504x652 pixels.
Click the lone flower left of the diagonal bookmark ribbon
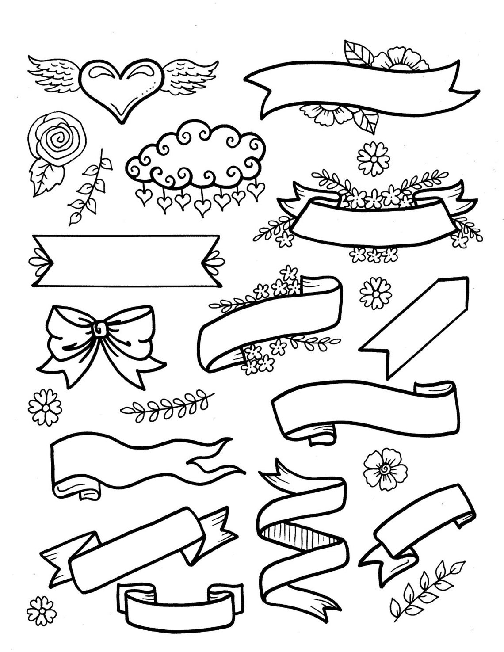[376, 292]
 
